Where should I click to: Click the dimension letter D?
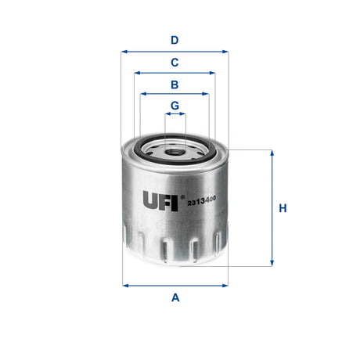tap(175, 40)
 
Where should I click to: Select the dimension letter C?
tap(175, 62)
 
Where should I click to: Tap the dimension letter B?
tap(175, 84)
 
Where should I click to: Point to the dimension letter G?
tap(175, 105)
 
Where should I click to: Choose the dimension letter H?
tap(283, 208)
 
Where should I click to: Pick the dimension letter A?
tap(175, 297)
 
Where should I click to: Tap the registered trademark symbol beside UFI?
tap(182, 196)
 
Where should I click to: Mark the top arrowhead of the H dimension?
tap(272, 152)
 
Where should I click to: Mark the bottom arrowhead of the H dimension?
tap(272, 264)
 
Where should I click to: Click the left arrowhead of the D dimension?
tap(124, 52)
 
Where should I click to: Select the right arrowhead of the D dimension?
tap(226, 52)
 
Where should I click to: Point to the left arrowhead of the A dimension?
tap(126, 284)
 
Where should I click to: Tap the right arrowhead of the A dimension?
tap(225, 284)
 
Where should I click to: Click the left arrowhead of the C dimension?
tap(137, 73)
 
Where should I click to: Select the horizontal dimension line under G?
tap(175, 114)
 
